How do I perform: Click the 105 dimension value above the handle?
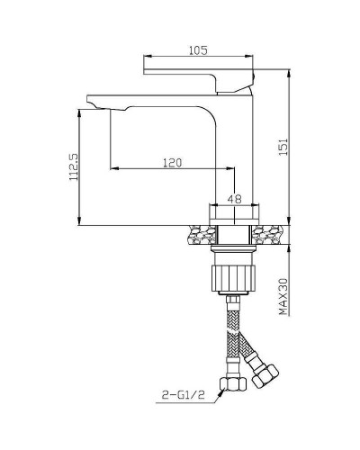199,52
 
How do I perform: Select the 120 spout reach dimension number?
174,163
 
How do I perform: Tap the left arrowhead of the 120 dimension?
112,169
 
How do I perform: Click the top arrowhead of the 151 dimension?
289,75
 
